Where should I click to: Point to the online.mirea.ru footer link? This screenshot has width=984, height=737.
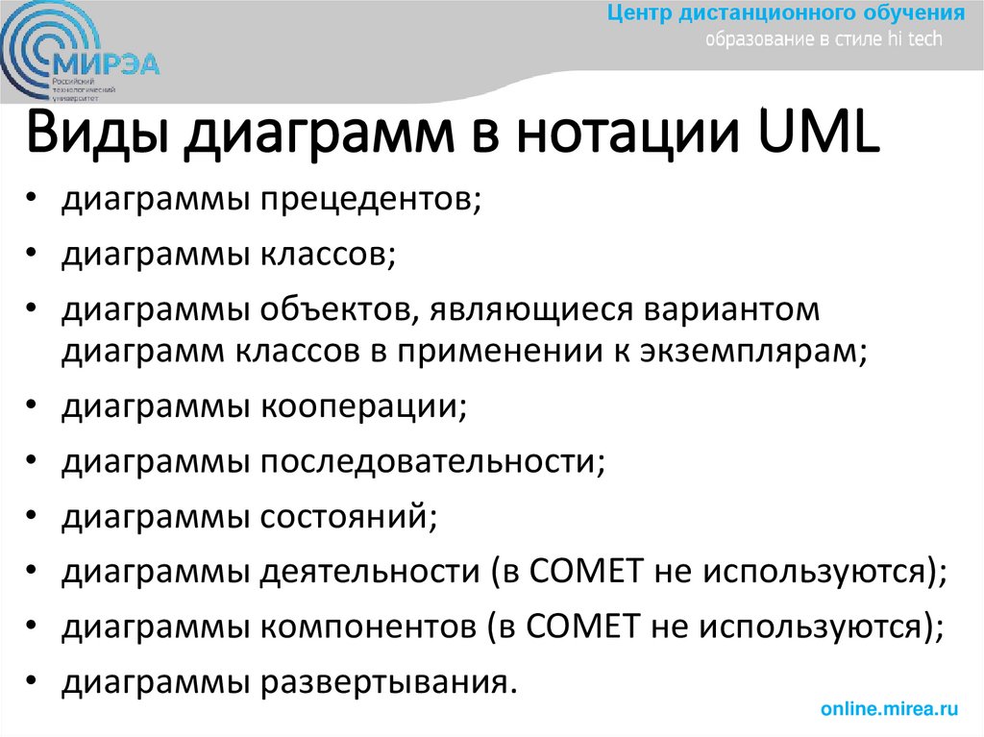point(890,709)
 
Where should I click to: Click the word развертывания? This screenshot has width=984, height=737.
point(384,683)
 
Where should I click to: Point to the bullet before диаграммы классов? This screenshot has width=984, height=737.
point(33,257)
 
